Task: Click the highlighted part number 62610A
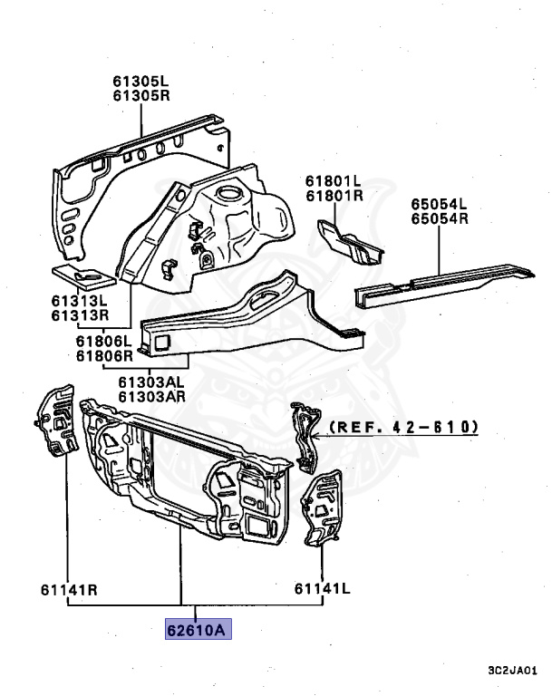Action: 198,629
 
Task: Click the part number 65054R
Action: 437,218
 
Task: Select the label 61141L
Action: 322,590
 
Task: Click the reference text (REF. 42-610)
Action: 403,426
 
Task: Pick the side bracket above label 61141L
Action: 321,507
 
